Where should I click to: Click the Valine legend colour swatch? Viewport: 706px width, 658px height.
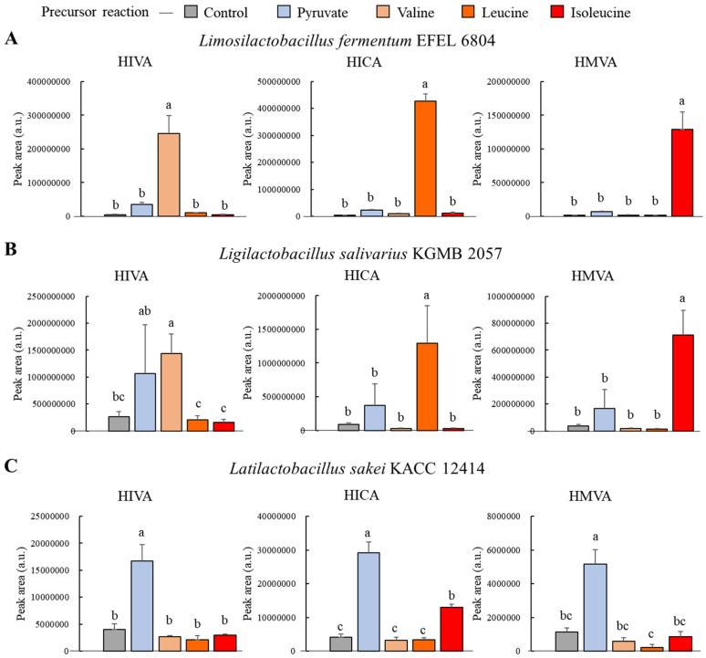click(375, 14)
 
